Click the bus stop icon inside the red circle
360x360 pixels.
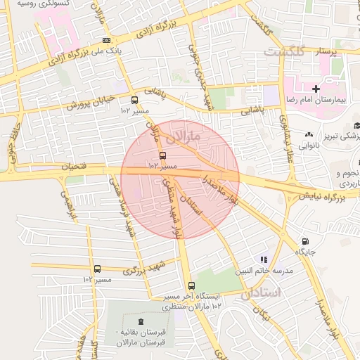click(163, 155)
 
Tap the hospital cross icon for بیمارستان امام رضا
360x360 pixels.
click(316, 89)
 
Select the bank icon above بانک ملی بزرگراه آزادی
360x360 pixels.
click(106, 40)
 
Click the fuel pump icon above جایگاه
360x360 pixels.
click(304, 240)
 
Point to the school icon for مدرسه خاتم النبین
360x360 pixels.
click(264, 259)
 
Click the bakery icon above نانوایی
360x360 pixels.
click(309, 134)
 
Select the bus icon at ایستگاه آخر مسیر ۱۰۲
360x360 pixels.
click(191, 285)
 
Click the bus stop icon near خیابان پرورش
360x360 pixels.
click(134, 100)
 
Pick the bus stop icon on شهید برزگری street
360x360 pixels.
click(97, 269)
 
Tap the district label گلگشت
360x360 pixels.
click(285, 52)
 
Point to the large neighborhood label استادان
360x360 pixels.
click(265, 293)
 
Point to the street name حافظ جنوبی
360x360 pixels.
click(12, 148)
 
